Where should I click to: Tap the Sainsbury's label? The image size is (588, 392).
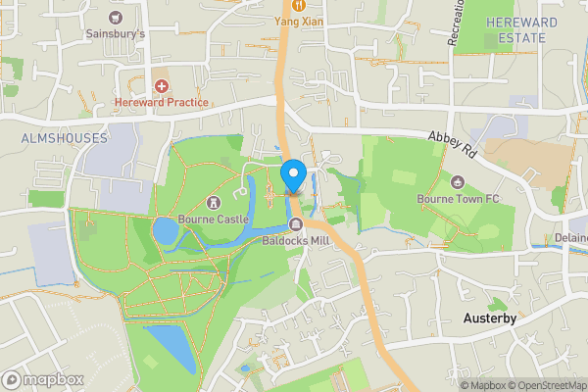(117, 33)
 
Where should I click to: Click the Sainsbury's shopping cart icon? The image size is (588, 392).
(117, 18)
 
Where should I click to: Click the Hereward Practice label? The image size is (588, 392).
(162, 102)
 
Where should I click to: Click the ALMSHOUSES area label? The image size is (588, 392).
(64, 139)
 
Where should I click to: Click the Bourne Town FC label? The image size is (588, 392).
(459, 199)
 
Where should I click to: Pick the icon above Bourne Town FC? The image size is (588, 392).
(458, 182)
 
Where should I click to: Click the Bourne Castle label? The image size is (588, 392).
(212, 220)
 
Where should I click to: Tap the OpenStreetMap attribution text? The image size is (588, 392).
(544, 385)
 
